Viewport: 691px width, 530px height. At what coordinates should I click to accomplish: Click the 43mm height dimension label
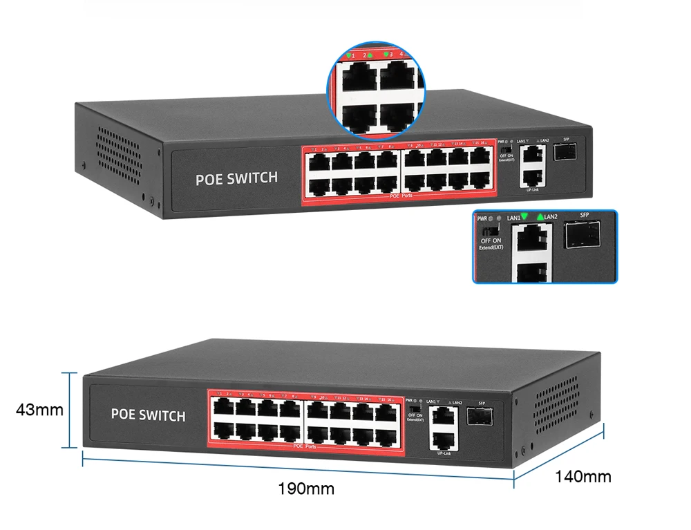pos(39,410)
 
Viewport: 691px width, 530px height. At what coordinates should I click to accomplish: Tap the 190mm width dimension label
pos(306,489)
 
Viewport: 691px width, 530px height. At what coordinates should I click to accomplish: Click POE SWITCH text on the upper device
pos(236,178)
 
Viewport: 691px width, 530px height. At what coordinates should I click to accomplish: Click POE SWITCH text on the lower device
pos(148,415)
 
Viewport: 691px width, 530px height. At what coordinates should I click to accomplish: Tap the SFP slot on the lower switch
pos(480,415)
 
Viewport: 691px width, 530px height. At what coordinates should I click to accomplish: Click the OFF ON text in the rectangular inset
pos(491,240)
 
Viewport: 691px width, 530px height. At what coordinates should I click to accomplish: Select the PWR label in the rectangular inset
pos(483,218)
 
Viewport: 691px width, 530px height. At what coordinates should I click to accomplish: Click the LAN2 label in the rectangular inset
pos(550,218)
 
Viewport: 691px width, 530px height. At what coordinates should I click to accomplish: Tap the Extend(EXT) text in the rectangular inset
pos(492,248)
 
